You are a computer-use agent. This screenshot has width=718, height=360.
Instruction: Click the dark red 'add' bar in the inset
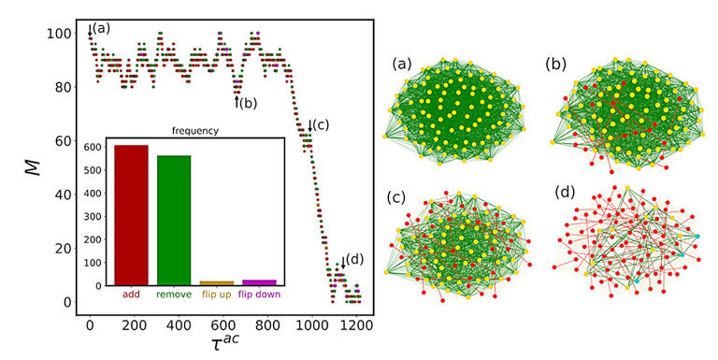click(x=131, y=215)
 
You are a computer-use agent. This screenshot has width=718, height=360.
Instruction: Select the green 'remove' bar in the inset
click(x=173, y=220)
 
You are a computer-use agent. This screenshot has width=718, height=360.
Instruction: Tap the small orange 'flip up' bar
click(x=217, y=282)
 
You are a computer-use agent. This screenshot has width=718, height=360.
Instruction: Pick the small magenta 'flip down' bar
click(x=259, y=281)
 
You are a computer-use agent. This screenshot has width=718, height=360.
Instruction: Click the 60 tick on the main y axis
click(x=62, y=141)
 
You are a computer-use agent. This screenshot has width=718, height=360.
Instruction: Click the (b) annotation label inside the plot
click(x=248, y=103)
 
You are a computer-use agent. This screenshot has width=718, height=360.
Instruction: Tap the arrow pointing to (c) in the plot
click(x=310, y=125)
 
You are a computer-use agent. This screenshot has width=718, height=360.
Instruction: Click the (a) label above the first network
click(x=402, y=65)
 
